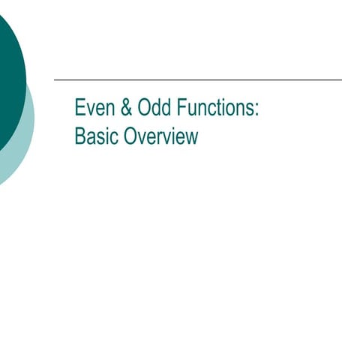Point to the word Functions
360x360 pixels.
(214, 108)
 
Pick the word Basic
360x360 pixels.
(95, 137)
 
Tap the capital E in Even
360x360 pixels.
(79, 108)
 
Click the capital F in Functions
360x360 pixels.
(180, 108)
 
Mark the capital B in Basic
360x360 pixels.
(79, 137)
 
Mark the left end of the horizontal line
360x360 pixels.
(55, 79)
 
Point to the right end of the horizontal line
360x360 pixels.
(340, 79)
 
